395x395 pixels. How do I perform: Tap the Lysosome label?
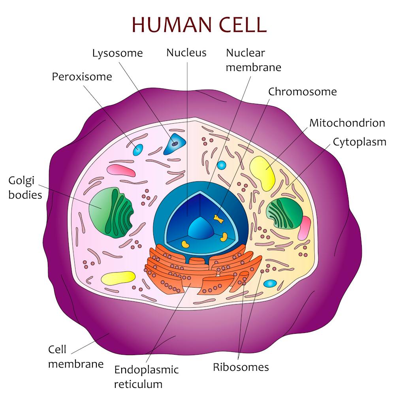[117, 53]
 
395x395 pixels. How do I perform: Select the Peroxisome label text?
[82, 77]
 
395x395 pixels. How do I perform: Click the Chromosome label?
[302, 92]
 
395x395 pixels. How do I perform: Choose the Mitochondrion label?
[347, 123]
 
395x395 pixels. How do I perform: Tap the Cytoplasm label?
[359, 142]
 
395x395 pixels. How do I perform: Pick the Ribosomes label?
[241, 367]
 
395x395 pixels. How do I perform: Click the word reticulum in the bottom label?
[138, 384]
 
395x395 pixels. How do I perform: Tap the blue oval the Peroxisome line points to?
[138, 150]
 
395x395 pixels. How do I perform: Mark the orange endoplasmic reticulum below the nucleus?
[197, 269]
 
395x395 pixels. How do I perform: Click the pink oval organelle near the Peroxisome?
[121, 170]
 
